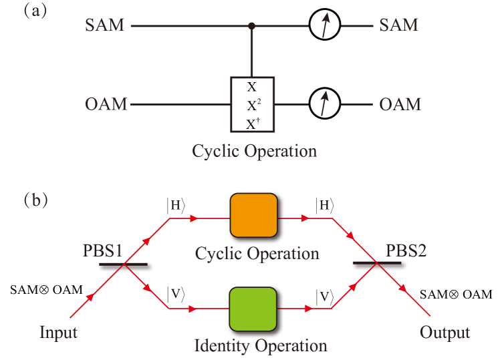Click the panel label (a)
(x=35, y=11)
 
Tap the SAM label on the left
(x=104, y=26)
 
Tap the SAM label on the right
(x=398, y=25)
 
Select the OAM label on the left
(x=106, y=105)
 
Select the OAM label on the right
(x=400, y=105)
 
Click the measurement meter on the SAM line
(x=325, y=26)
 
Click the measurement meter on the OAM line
(x=325, y=104)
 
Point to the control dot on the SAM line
(x=252, y=26)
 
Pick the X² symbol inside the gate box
(x=252, y=105)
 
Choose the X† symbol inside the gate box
(x=252, y=123)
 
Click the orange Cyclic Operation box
(x=253, y=216)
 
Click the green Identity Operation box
(x=253, y=309)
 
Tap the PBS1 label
(x=103, y=251)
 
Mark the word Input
(x=59, y=332)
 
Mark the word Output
(x=445, y=332)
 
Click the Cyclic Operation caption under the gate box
(x=254, y=151)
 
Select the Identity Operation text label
(x=260, y=346)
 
